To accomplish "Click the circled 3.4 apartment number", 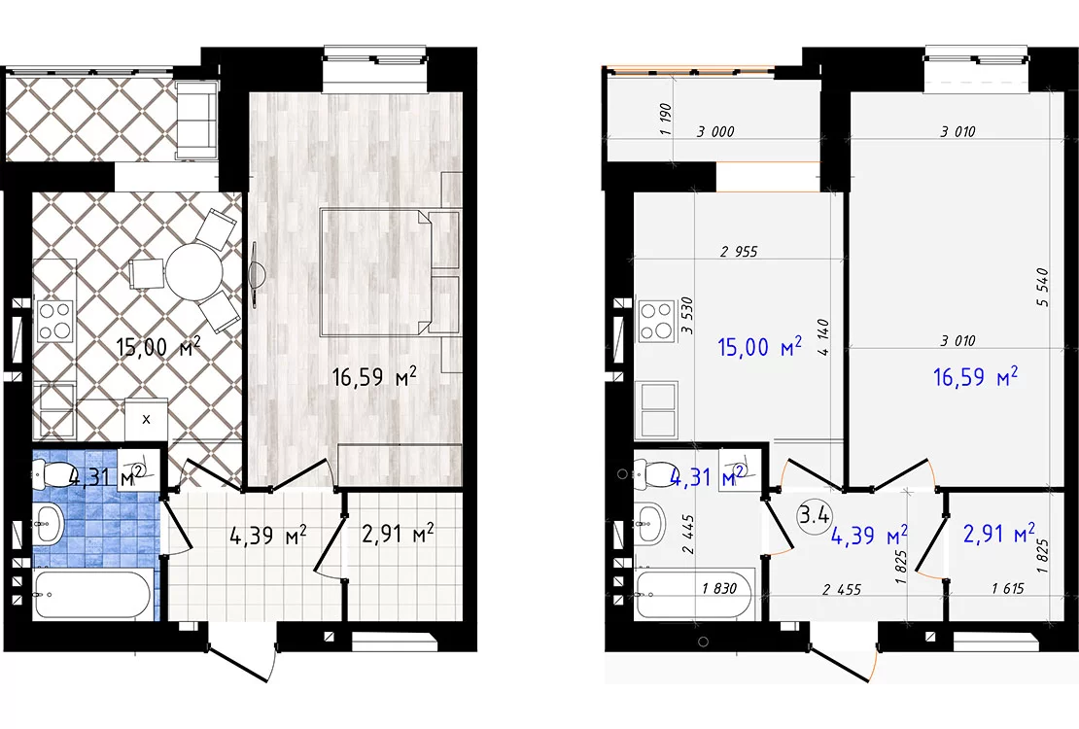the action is click(x=814, y=515).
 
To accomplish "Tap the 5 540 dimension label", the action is click(x=1042, y=287).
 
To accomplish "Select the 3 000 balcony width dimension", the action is click(x=715, y=131).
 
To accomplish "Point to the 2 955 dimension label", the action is click(x=739, y=252).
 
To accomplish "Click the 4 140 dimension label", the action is click(x=824, y=336).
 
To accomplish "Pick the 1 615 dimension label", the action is click(x=1008, y=588).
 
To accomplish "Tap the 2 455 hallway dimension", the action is click(x=842, y=589).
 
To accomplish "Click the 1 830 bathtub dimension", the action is click(x=719, y=588).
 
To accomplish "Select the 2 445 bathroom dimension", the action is click(x=688, y=535).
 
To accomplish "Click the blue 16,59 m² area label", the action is click(x=975, y=377).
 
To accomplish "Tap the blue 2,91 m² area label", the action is click(x=999, y=534).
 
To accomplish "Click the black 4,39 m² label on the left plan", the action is click(x=267, y=535).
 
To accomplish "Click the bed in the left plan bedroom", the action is click(x=390, y=272).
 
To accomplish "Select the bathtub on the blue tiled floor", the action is click(x=91, y=594).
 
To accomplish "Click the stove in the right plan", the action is click(x=656, y=321).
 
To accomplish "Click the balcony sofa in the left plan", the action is click(x=196, y=121).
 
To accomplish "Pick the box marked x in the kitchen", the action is click(x=146, y=419).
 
